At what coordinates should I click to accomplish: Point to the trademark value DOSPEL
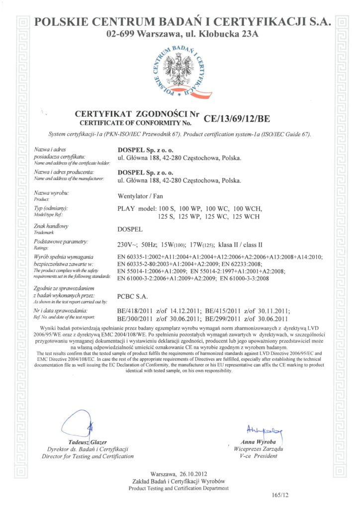pyautogui.click(x=130, y=230)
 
